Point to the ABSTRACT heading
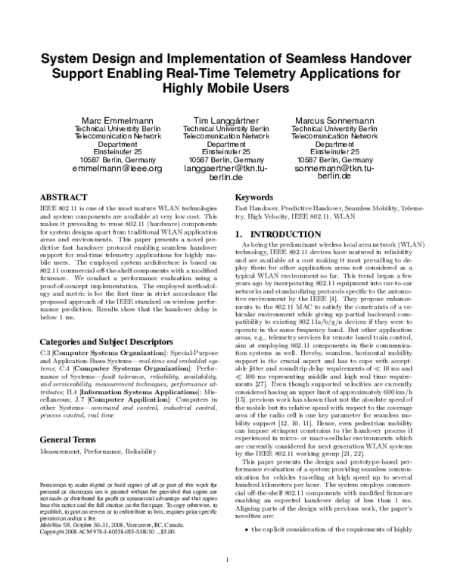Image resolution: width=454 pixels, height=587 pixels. click(67, 197)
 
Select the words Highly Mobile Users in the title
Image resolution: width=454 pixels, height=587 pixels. click(226, 88)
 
